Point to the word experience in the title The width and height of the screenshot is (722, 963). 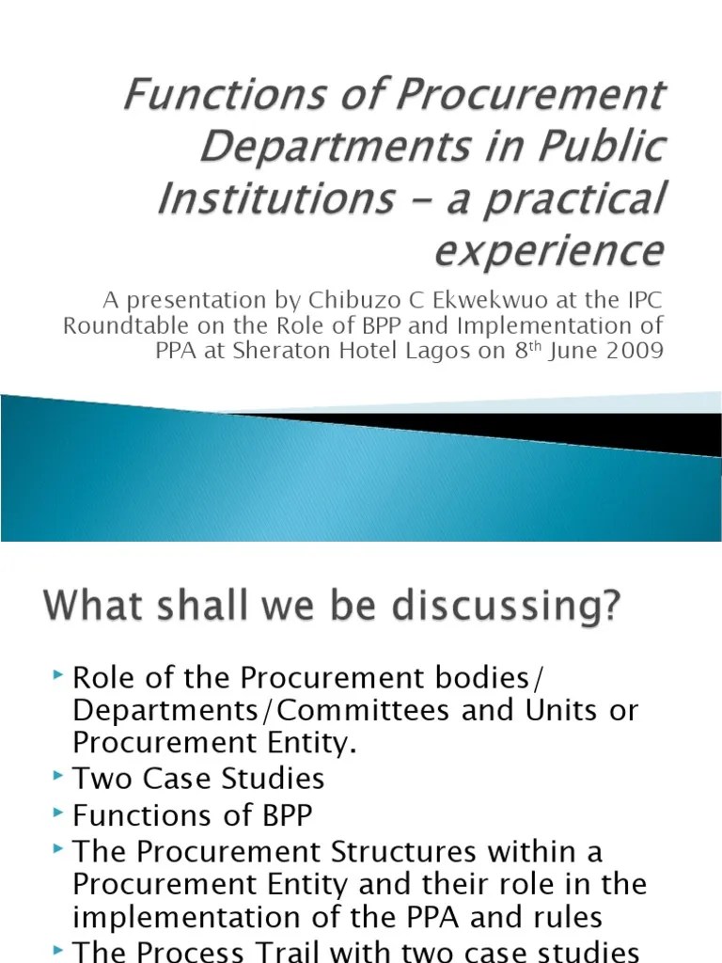pyautogui.click(x=550, y=251)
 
